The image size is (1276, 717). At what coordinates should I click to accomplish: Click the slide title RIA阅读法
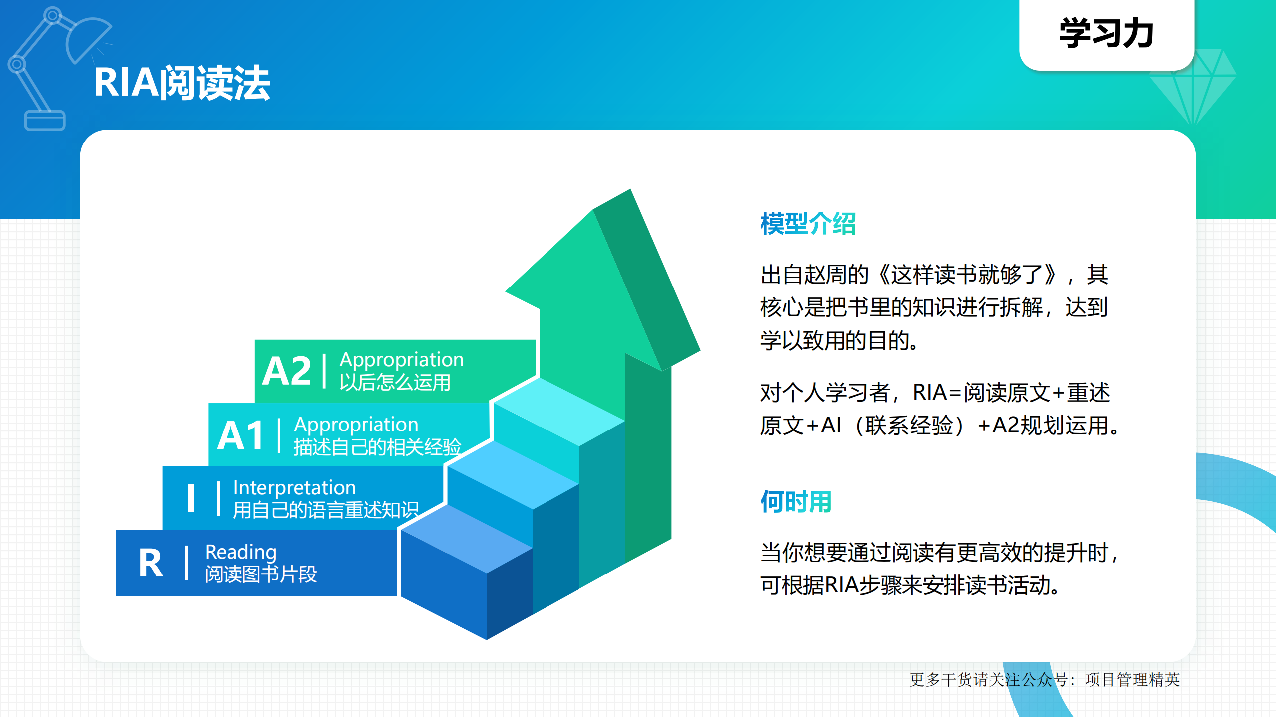(182, 83)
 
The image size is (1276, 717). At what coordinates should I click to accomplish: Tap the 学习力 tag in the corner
(1106, 34)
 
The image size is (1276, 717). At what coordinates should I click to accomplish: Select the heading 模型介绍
(808, 224)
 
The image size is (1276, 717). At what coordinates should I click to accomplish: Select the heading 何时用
(796, 501)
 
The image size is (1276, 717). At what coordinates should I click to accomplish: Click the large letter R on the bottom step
(151, 564)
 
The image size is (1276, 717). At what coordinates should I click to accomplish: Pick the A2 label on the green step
(287, 371)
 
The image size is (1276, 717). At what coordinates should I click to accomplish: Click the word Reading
(241, 552)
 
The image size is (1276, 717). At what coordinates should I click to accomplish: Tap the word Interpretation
(294, 487)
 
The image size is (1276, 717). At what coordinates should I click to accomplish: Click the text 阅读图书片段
(261, 574)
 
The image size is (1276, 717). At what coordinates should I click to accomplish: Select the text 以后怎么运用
(395, 383)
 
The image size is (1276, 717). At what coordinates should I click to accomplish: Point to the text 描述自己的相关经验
(377, 447)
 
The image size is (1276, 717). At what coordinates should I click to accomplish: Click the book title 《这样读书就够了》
(967, 275)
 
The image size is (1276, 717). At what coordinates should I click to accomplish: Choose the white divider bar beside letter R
(187, 564)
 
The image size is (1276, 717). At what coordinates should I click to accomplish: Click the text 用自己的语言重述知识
(326, 510)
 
